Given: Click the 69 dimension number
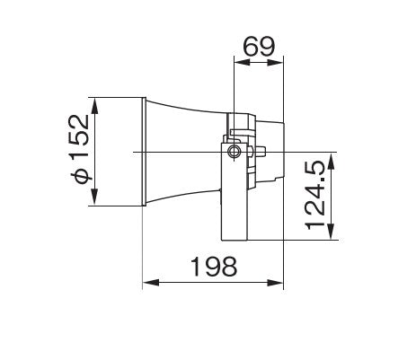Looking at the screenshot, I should click(258, 47).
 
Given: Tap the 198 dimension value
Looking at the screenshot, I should click(213, 267).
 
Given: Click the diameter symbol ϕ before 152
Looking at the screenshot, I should click(81, 176).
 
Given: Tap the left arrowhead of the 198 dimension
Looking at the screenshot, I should click(147, 283).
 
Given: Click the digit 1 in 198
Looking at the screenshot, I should click(194, 267).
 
